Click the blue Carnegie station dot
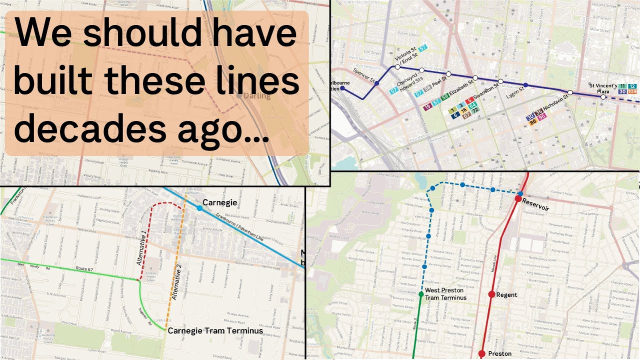coord(199,207)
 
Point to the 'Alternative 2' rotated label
coord(176,284)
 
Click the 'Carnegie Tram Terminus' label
coord(215,330)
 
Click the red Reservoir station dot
coord(518,199)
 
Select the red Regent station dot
coord(491,294)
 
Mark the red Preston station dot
coord(481,353)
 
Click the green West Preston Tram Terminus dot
coord(421,294)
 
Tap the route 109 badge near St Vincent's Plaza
coord(632,92)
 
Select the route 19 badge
coord(427,107)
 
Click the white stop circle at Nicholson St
coord(570,92)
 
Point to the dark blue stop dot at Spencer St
coord(377,83)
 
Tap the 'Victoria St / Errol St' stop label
coord(405,53)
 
